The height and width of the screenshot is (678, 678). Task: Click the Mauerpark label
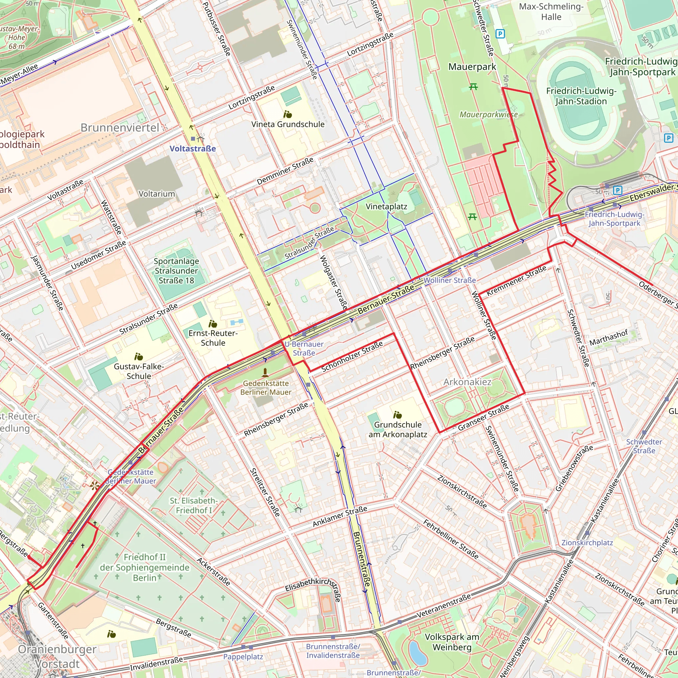point(472,67)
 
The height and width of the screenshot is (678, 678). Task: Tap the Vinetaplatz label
point(386,206)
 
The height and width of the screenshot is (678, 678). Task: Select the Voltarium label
point(157,194)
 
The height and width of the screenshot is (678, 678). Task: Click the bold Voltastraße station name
point(193,148)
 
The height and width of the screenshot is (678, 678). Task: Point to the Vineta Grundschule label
point(288,124)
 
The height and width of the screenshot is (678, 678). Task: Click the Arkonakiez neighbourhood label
point(467,382)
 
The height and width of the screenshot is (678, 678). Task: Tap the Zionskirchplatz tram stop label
point(587,543)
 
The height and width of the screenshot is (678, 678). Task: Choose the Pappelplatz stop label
point(243,656)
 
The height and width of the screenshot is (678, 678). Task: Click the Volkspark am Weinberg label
point(452,642)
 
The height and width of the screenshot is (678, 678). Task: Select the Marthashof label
point(608,338)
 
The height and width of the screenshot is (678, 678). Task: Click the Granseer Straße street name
point(483,417)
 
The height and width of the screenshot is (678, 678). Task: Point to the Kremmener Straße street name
point(516,280)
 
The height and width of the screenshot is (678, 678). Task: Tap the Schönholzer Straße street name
point(352,356)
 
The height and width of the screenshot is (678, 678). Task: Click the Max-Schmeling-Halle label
point(551,12)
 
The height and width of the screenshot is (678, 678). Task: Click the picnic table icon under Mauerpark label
point(473,86)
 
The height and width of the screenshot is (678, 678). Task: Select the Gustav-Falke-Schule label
point(139,371)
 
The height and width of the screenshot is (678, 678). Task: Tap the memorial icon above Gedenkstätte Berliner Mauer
point(265,372)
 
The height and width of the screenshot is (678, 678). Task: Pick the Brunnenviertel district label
point(120,128)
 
